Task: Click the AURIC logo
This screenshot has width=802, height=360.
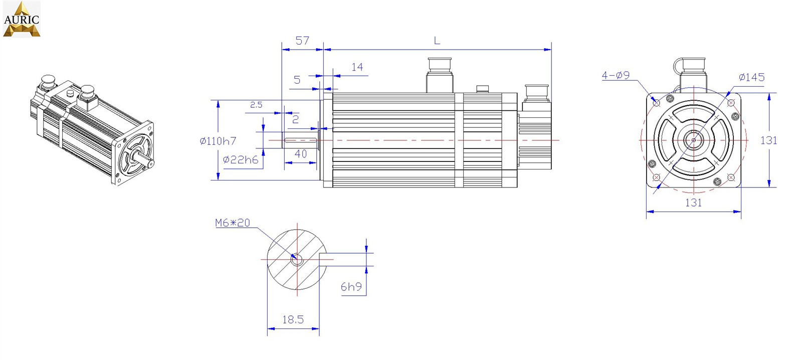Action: pos(22,19)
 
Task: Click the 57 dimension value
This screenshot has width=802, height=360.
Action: pos(302,41)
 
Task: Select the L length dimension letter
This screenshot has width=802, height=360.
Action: pos(437,41)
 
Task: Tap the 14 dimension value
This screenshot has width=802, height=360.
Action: pos(357,67)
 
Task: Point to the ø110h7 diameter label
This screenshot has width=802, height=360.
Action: pos(218,141)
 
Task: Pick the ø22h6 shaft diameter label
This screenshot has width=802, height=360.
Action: pos(240,160)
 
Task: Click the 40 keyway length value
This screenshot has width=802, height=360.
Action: pos(300,154)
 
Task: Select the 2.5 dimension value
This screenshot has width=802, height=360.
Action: pos(256,105)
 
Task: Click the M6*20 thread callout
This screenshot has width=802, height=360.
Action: pos(233,223)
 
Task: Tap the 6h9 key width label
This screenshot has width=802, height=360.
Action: pos(351,287)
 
